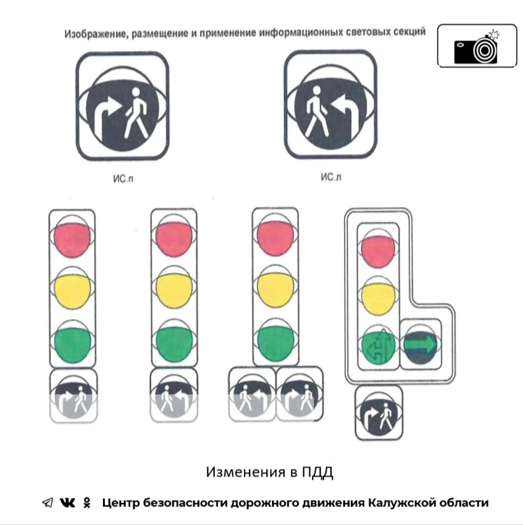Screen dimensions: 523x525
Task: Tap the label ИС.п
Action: click(x=123, y=179)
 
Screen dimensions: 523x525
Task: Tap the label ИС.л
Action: click(x=331, y=177)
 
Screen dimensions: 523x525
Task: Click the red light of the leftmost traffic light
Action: click(x=72, y=239)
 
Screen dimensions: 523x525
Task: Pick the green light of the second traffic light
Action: click(x=174, y=344)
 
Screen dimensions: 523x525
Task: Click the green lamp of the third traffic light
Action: click(x=275, y=343)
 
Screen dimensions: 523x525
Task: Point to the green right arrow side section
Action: click(x=421, y=345)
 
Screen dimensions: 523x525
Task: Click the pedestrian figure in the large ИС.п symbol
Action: click(x=136, y=112)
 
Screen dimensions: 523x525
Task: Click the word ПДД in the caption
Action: click(x=318, y=472)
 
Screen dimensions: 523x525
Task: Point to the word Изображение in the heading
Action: click(x=97, y=34)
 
